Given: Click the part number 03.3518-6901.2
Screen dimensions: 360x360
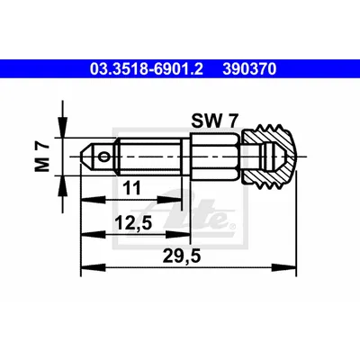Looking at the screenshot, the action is pos(147,69).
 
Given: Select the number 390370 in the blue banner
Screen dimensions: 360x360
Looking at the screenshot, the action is pos(249,69).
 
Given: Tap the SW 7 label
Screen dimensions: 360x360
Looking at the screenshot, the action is pos(215,121).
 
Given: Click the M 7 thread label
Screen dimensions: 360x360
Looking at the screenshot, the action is pos(42,157).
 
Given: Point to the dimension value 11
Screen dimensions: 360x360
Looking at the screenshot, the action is pos(131,188).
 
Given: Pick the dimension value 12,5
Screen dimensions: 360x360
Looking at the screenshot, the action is pos(134,223).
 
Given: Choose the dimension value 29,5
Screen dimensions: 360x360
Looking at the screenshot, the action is pos(182,256).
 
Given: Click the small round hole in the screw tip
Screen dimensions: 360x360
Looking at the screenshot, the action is pos(104,157).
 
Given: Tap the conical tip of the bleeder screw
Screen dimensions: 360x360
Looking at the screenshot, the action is pos(86,157).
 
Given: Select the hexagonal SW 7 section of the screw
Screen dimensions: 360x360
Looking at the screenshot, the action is pos(215,157).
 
